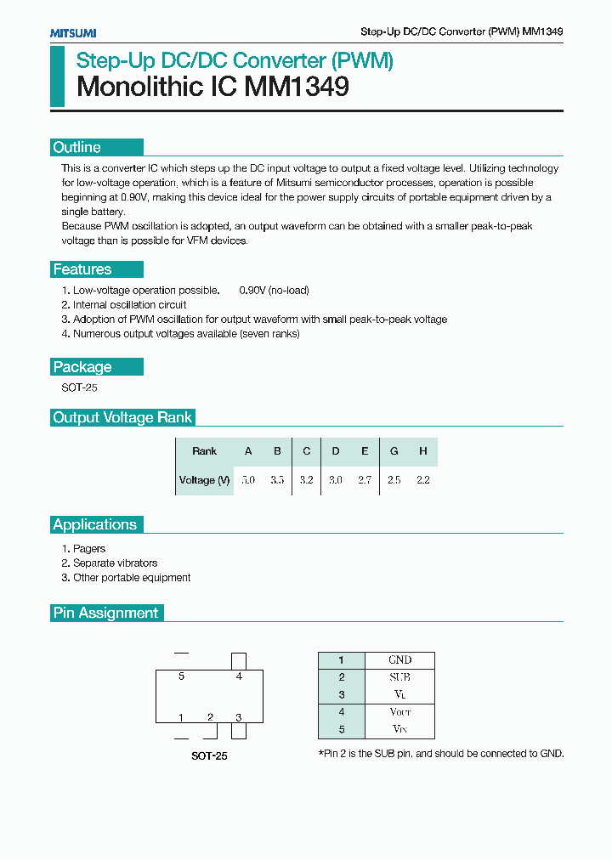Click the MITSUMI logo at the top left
coord(73,32)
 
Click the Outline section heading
coord(77,148)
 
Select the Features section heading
coord(82,269)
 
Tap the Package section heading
coord(82,367)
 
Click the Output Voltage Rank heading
coord(122,417)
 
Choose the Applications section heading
coord(94,524)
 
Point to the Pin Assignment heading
coord(105,613)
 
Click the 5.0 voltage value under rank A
coord(248,480)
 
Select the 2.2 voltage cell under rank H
coord(422,480)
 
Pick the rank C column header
coord(307,451)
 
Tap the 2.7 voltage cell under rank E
coord(365,480)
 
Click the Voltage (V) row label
coord(204,480)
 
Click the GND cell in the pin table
coord(399,660)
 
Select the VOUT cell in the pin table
coord(399,712)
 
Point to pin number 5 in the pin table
coord(341,729)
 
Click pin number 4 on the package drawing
coord(239,676)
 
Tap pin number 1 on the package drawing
coord(181,717)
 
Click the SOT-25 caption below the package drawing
coord(208,755)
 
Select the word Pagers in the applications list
coord(89,549)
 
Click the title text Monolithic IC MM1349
coord(212,87)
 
